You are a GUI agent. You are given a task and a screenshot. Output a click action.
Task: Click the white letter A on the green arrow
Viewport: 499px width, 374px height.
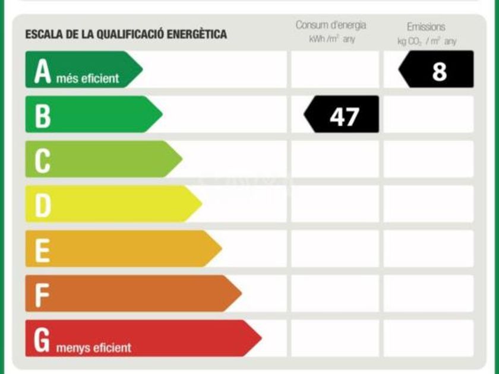[x=43, y=72]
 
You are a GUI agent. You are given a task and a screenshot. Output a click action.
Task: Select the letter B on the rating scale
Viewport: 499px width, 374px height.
[x=43, y=116]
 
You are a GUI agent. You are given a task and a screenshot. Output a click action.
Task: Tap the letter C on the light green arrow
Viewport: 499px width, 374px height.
[x=42, y=161]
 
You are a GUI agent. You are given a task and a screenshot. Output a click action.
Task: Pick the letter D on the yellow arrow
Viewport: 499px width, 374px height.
[x=43, y=206]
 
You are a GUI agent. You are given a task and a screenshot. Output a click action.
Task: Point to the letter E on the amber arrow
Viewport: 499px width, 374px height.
[x=42, y=251]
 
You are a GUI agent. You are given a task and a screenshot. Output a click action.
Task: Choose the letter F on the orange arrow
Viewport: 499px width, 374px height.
[x=42, y=296]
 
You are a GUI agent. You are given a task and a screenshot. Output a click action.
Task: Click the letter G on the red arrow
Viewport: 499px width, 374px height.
[x=42, y=340]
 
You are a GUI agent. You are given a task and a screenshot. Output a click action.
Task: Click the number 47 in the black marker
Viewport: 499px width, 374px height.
[x=345, y=116]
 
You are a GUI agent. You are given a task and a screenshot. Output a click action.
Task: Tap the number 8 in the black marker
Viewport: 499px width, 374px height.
[x=439, y=72]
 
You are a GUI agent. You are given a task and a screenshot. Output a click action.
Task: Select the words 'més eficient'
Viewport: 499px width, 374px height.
[x=87, y=78]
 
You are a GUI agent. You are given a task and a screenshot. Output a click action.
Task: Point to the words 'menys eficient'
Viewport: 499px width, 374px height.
[x=94, y=348]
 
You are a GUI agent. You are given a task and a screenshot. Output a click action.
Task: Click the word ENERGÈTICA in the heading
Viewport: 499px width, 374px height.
[x=197, y=34]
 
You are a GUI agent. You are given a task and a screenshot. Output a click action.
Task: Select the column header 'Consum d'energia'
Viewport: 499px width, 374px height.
[x=331, y=25]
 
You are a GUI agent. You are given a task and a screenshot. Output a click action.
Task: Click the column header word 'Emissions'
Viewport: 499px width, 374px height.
[x=426, y=27]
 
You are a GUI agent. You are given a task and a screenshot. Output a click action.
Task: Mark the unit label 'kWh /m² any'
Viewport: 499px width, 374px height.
[x=332, y=39]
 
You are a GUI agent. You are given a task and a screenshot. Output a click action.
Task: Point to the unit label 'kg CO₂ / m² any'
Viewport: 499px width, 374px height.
[x=427, y=42]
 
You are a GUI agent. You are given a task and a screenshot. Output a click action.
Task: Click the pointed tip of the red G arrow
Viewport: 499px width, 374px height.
[x=261, y=338]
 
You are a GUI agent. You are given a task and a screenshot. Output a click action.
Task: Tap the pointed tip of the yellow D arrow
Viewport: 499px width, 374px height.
[x=202, y=204]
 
